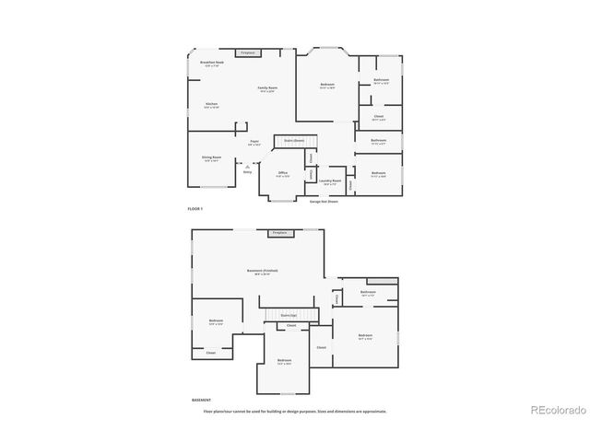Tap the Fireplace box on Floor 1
pyautogui.click(x=247, y=53)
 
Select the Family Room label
pyautogui.click(x=268, y=87)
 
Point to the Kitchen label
pyautogui.click(x=211, y=105)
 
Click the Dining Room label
pyautogui.click(x=211, y=157)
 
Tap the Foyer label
pyautogui.click(x=254, y=142)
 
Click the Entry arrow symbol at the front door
pyautogui.click(x=247, y=166)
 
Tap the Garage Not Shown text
pyautogui.click(x=324, y=201)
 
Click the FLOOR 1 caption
pyautogui.click(x=195, y=210)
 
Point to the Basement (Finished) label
pyautogui.click(x=263, y=271)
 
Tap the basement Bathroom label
pyautogui.click(x=368, y=293)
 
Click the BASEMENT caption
pyautogui.click(x=201, y=401)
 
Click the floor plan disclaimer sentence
pyautogui.click(x=295, y=411)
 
